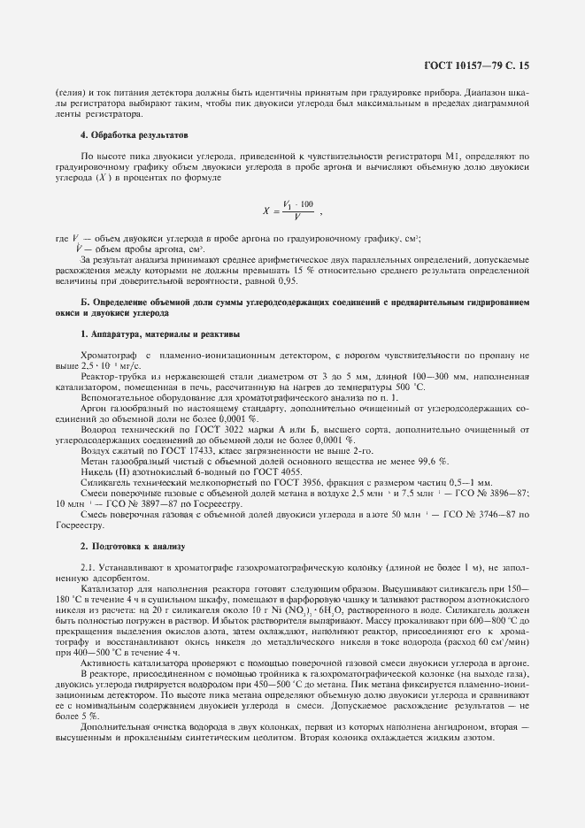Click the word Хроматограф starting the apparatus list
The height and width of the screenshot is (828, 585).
click(108, 354)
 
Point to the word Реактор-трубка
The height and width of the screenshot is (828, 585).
click(107, 375)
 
